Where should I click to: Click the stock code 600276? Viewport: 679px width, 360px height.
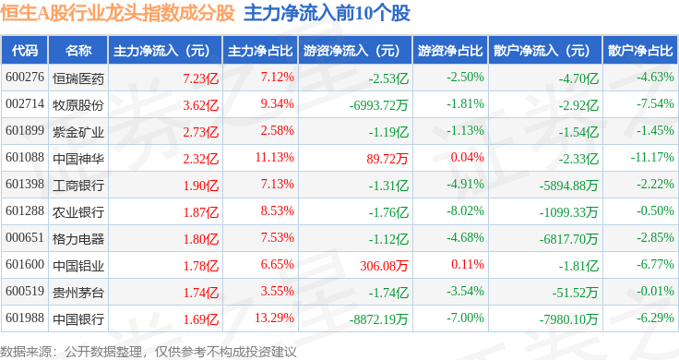pos(25,78)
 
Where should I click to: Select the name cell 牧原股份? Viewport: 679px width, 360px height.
pos(78,105)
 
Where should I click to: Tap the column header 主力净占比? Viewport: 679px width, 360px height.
pos(260,51)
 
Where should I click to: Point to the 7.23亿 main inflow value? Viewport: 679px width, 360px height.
pos(200,78)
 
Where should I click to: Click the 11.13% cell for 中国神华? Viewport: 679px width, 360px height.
pos(275,157)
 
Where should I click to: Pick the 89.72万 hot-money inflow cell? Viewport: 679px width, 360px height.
pos(387,159)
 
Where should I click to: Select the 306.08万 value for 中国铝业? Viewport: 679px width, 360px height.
pos(384,266)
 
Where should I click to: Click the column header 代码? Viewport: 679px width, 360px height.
pos(25,51)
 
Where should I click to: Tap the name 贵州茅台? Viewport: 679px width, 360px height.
pos(78,293)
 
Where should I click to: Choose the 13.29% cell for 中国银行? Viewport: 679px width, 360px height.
pos(275,318)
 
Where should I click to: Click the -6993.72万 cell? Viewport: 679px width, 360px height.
pos(379,105)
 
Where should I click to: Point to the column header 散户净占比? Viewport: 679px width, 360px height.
pos(640,51)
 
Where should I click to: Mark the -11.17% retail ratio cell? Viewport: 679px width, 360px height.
pos(652,157)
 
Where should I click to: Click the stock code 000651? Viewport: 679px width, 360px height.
pos(25,238)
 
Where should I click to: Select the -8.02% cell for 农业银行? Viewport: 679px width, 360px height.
pos(466,211)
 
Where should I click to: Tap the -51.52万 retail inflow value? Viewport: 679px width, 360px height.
pos(575,293)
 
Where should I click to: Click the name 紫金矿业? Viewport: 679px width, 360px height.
pos(78,132)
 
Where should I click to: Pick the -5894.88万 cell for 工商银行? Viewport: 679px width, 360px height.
pos(568,186)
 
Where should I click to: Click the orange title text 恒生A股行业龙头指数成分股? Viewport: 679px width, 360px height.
pos(118,13)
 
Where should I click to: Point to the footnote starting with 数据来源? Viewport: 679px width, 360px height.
pos(149,352)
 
